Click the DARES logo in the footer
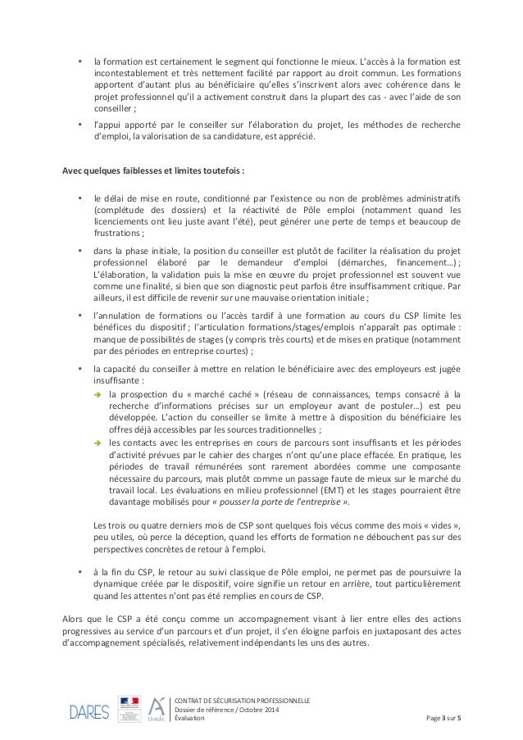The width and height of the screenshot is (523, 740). pyautogui.click(x=89, y=710)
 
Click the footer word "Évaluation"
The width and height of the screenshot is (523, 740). pyautogui.click(x=191, y=718)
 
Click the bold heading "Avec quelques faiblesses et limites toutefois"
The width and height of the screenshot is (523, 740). pyautogui.click(x=153, y=170)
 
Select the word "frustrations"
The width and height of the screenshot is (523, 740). pyautogui.click(x=117, y=232)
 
